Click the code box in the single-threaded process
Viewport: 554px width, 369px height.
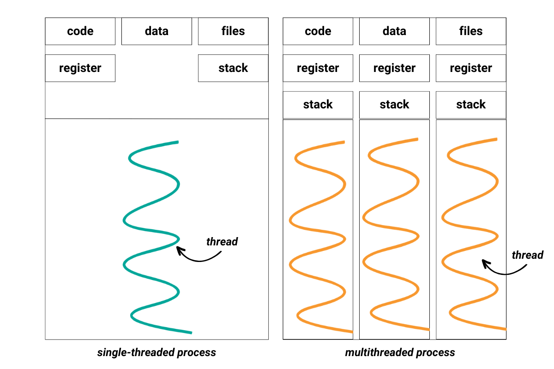pos(80,31)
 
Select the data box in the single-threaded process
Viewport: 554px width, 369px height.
pos(157,31)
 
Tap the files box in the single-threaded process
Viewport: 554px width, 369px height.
pos(233,31)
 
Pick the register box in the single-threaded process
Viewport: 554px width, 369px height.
pos(80,68)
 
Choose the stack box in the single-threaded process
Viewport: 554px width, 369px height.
pos(233,68)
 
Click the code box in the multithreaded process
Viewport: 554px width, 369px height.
pos(318,31)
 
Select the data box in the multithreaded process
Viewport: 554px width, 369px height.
pos(394,31)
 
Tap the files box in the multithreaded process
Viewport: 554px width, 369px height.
pos(471,31)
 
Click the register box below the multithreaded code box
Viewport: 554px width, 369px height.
pos(318,68)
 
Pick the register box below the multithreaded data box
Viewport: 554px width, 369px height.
pos(394,68)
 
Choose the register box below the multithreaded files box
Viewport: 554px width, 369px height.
pos(471,68)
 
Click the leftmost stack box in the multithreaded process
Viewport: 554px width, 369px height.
pos(318,105)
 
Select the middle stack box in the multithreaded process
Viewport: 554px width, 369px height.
pos(394,105)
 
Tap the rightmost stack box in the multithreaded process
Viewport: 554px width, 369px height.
pos(471,105)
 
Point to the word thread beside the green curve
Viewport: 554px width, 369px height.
pos(222,242)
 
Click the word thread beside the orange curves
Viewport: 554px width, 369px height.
pos(528,255)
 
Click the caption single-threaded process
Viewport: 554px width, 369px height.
pos(157,353)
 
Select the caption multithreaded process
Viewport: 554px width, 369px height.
pos(400,353)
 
